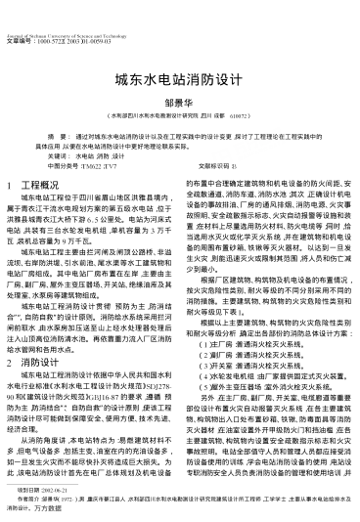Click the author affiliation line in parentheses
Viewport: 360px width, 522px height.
[x=179, y=113]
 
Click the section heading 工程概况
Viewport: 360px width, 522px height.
[x=48, y=185]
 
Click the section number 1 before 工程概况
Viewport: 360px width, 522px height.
[x=10, y=185]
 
